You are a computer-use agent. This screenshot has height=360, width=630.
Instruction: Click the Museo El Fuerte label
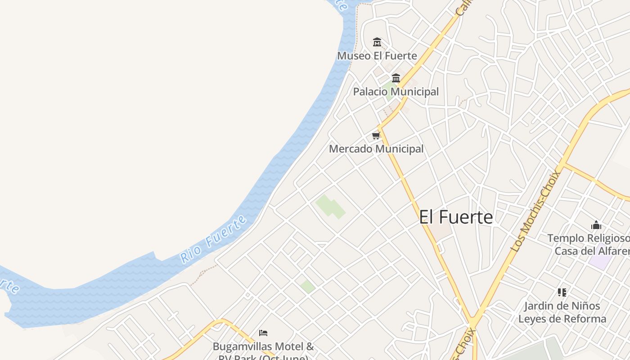[377, 56]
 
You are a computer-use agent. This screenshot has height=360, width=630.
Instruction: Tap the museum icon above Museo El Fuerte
[377, 42]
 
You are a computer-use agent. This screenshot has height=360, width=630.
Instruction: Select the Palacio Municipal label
[396, 92]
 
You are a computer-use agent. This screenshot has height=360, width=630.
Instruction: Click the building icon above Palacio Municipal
[396, 78]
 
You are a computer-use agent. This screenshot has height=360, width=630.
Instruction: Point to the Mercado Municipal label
[376, 149]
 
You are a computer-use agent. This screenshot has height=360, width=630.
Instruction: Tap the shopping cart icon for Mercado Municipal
[376, 135]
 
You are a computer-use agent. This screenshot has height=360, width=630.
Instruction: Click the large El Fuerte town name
[456, 217]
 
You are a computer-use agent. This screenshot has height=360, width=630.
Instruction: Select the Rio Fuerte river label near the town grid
[214, 239]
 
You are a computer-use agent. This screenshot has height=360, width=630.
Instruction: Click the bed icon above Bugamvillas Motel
[264, 333]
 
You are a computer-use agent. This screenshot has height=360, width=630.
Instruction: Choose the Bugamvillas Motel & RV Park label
[263, 347]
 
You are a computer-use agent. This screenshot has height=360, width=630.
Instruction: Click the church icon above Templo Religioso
[596, 225]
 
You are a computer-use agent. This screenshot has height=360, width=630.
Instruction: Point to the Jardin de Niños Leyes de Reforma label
[562, 312]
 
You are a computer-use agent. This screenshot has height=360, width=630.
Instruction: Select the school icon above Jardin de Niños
[562, 292]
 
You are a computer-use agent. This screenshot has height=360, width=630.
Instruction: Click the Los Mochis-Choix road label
[536, 211]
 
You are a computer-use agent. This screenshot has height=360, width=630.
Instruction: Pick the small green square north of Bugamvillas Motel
[308, 286]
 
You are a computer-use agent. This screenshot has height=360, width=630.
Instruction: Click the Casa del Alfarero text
[592, 251]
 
